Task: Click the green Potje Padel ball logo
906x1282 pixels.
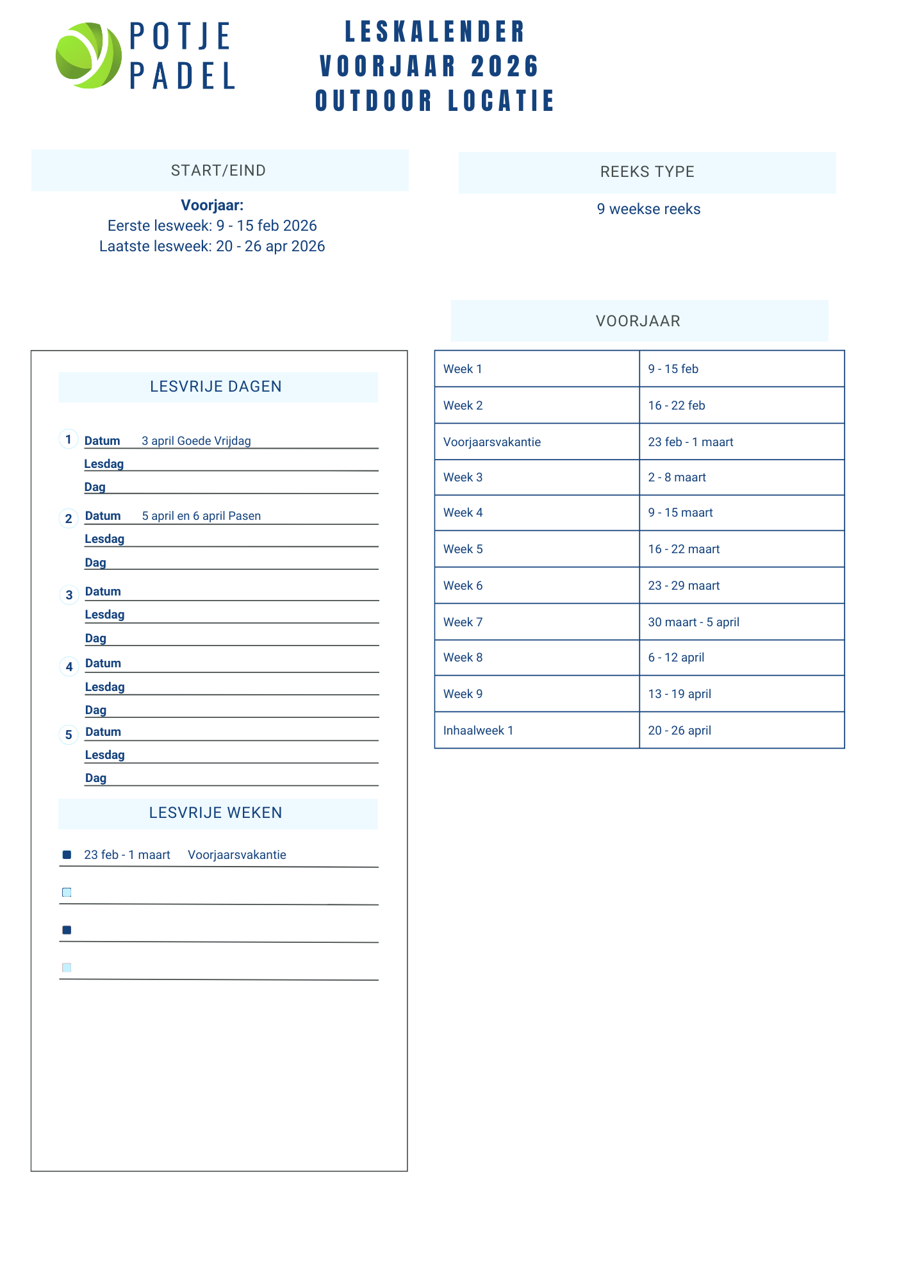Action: point(88,55)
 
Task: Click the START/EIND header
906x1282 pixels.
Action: point(218,171)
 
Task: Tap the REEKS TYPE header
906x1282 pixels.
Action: point(647,172)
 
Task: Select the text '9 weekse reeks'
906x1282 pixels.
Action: point(648,209)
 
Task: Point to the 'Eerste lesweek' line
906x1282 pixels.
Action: point(212,226)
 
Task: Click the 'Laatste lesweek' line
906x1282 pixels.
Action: point(212,246)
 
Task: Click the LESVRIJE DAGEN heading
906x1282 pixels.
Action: point(216,387)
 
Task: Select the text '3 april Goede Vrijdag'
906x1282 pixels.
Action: point(196,441)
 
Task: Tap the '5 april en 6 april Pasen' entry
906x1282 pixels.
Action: point(201,516)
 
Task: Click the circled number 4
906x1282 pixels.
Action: point(69,667)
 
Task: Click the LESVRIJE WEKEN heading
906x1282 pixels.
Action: point(216,813)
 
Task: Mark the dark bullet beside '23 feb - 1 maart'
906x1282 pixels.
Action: point(67,854)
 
